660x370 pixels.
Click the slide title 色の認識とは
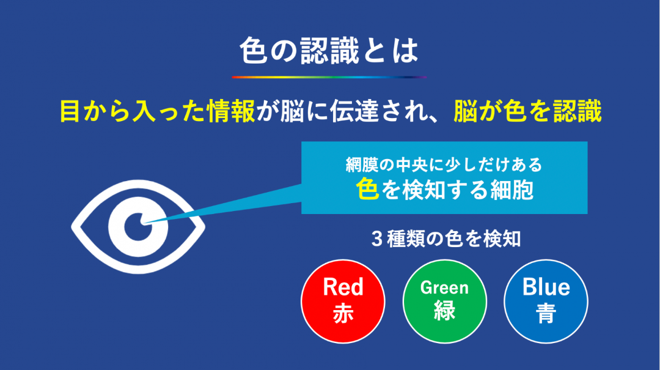(x=329, y=51)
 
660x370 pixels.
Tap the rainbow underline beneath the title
(x=329, y=77)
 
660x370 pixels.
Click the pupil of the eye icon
(x=138, y=227)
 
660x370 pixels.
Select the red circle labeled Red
(x=343, y=302)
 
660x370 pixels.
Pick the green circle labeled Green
(x=444, y=302)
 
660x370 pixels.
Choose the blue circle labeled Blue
(x=546, y=302)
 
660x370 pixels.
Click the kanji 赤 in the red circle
(x=343, y=313)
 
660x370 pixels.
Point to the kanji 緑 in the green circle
(x=444, y=311)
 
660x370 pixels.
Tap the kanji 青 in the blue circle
(x=546, y=313)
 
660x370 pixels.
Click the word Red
(x=343, y=287)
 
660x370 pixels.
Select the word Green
(x=444, y=288)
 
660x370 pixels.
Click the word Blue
(x=546, y=287)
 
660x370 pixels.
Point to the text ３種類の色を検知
(x=446, y=239)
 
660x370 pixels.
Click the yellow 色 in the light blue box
(x=367, y=189)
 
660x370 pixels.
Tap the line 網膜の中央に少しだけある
(x=444, y=165)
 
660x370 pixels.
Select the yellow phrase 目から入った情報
(x=158, y=111)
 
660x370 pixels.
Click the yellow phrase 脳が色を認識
(x=528, y=111)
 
